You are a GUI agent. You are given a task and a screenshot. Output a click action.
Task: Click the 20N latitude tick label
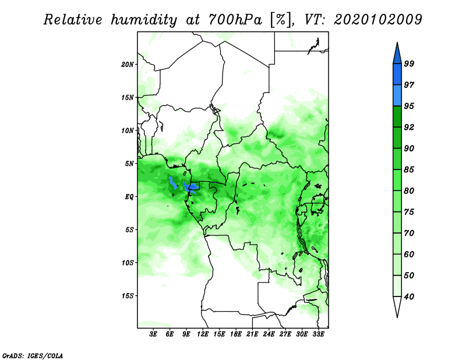click(128, 65)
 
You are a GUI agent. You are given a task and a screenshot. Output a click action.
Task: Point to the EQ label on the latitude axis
click(129, 197)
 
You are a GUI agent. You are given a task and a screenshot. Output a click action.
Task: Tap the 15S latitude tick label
click(128, 296)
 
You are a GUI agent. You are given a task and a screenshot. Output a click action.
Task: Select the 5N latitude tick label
click(129, 164)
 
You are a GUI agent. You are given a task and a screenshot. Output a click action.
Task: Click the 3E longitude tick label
click(153, 334)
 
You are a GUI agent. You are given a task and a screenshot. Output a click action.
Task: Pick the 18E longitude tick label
click(236, 334)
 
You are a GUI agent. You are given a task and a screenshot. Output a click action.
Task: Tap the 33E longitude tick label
click(318, 334)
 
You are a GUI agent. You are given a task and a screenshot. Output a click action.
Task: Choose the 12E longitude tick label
click(203, 334)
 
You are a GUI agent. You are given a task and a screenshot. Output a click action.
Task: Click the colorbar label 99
click(409, 63)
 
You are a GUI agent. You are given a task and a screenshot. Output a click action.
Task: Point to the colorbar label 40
click(409, 297)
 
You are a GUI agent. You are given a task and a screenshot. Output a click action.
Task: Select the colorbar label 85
click(409, 170)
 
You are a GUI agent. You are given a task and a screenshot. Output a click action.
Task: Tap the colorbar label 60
click(409, 255)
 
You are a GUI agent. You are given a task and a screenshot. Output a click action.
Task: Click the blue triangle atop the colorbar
click(397, 55)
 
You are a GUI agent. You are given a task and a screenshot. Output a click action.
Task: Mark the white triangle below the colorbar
click(397, 305)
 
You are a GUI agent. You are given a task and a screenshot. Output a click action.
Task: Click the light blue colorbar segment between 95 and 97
click(397, 96)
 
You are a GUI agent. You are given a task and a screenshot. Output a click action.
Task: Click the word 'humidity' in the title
click(144, 20)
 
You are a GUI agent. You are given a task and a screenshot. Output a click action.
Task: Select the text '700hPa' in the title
click(235, 20)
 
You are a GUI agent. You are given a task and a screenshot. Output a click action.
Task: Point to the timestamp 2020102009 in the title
click(377, 20)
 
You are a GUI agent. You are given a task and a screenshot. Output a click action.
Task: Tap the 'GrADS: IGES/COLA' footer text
click(33, 355)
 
